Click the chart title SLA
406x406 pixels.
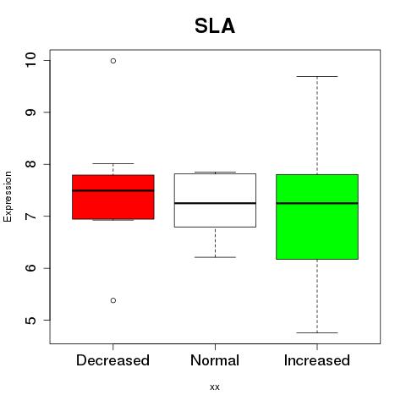point(215,26)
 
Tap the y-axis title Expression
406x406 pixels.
point(8,196)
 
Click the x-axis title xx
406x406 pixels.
point(215,387)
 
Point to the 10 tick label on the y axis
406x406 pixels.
point(30,60)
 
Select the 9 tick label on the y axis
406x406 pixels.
point(30,112)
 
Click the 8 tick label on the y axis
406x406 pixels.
point(30,164)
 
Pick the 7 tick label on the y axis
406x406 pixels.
point(30,216)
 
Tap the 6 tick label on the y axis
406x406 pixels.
point(30,268)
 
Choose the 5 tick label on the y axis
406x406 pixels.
point(30,320)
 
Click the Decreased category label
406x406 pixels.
point(112,360)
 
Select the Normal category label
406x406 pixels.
point(215,360)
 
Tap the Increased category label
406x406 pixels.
point(317,360)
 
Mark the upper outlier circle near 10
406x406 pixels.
point(113,61)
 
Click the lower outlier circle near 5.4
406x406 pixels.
point(113,300)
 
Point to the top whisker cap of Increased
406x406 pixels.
point(317,76)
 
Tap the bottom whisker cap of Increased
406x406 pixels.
point(317,332)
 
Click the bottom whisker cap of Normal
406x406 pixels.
point(215,257)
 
